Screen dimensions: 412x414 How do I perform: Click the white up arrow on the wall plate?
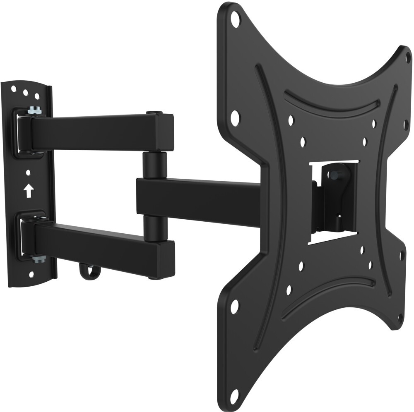coord(28,191)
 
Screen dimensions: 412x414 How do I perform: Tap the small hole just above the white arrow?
coord(28,172)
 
